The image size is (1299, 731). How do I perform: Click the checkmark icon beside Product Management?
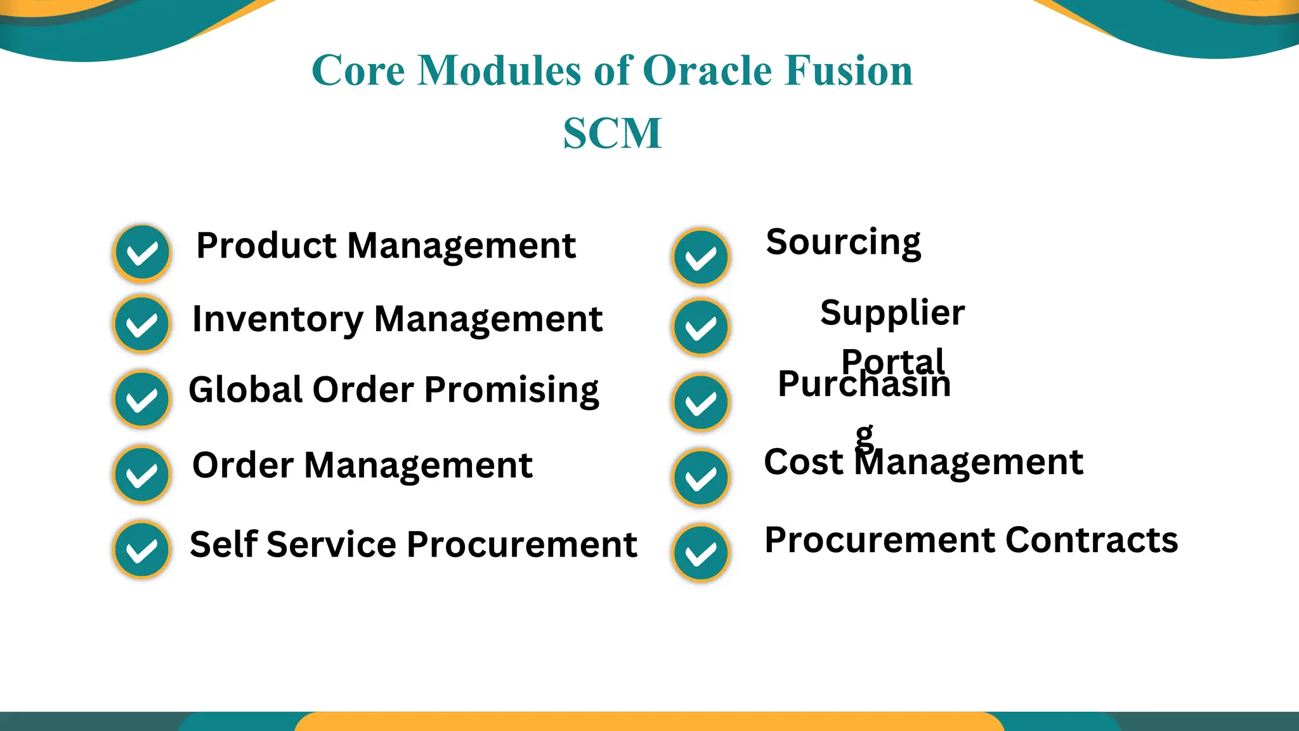click(142, 254)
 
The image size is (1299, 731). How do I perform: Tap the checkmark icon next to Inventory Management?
click(142, 324)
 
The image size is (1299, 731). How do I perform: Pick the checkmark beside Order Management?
click(142, 475)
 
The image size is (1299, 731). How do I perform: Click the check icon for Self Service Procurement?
click(142, 550)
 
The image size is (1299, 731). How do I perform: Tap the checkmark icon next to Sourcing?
click(701, 258)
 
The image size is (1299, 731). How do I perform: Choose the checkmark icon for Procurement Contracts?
click(701, 553)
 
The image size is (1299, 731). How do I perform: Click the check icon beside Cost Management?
click(701, 478)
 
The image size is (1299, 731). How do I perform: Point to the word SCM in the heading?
click(612, 133)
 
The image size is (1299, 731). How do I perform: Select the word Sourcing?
click(843, 242)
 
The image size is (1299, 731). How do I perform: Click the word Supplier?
click(892, 313)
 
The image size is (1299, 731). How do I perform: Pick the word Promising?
click(511, 390)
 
